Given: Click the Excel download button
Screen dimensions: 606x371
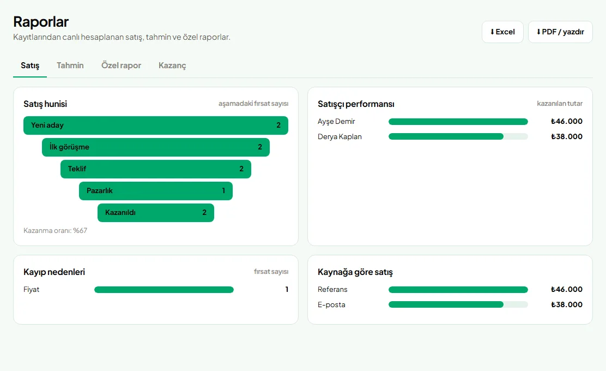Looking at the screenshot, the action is tap(502, 32).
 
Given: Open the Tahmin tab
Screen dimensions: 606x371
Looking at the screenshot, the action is tap(70, 65).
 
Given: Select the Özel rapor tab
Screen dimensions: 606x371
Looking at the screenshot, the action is tap(121, 65).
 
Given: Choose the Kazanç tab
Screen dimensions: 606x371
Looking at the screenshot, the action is tap(172, 65).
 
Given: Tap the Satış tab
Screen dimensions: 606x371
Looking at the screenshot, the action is tap(30, 65).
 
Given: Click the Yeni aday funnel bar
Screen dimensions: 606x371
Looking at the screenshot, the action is tap(156, 125).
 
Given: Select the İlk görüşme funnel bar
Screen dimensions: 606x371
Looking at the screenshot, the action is tap(156, 147).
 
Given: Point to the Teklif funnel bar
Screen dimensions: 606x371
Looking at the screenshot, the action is tap(156, 169).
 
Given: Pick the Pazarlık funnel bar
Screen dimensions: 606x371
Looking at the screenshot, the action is tap(156, 191).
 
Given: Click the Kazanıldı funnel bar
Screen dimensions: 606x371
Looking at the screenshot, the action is tap(156, 213).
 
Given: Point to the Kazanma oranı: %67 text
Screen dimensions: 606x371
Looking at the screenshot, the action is tap(55, 231).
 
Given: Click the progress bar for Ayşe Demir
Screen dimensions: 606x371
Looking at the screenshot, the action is tap(458, 122).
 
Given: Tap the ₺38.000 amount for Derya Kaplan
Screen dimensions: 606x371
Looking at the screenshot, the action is tap(567, 136).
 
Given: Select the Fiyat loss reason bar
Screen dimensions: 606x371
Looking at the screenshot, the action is tap(164, 290).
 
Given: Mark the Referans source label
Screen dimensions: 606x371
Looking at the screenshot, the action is tap(332, 289).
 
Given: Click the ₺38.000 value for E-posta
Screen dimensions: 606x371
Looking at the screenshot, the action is tap(567, 305).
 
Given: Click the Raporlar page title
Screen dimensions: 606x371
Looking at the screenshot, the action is tap(41, 22).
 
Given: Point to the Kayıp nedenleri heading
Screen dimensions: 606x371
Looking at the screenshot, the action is tap(54, 272).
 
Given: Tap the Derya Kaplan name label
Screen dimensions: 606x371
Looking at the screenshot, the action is tap(340, 136).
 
